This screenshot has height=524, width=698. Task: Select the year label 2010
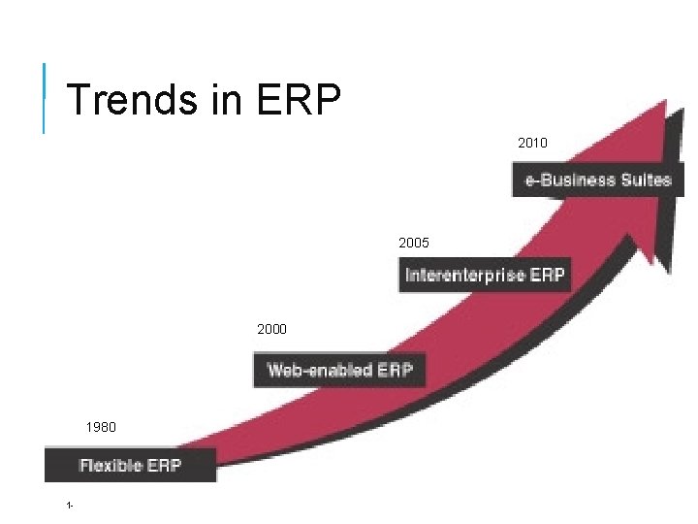pyautogui.click(x=532, y=143)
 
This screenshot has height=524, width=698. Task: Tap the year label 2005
pyautogui.click(x=413, y=241)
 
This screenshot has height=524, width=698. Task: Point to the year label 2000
pyautogui.click(x=271, y=330)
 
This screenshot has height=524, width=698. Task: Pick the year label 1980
pyautogui.click(x=100, y=427)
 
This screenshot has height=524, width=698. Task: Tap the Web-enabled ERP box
pyautogui.click(x=339, y=370)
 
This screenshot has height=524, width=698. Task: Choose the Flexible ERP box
pyautogui.click(x=130, y=465)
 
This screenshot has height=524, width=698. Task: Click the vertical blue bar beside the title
pyautogui.click(x=45, y=97)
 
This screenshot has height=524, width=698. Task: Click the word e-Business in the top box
pyautogui.click(x=570, y=180)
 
